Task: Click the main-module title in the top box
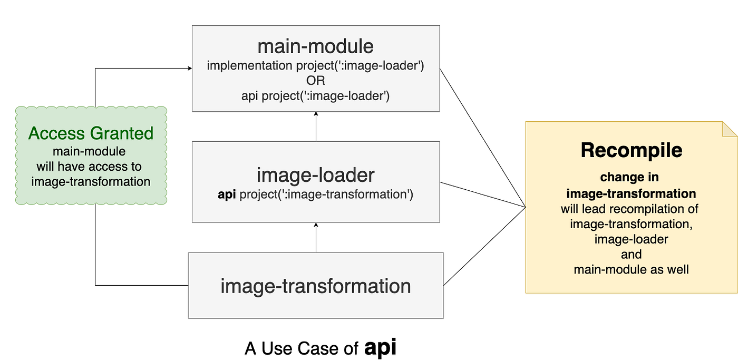click(x=315, y=46)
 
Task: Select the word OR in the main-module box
click(x=315, y=81)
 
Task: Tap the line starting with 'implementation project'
click(x=315, y=66)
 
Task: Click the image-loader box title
click(x=315, y=174)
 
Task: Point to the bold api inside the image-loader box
click(x=227, y=194)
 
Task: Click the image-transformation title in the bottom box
click(x=315, y=286)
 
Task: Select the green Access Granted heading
click(x=91, y=133)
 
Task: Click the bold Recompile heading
click(x=631, y=151)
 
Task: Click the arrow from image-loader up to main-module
click(x=316, y=127)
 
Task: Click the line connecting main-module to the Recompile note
click(x=482, y=138)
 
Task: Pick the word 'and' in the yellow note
click(x=631, y=255)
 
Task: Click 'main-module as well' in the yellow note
click(x=631, y=270)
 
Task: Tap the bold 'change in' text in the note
click(x=629, y=177)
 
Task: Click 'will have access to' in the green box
click(x=89, y=167)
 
